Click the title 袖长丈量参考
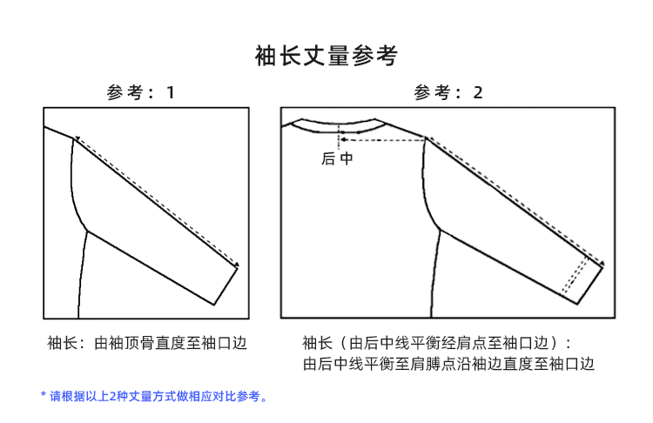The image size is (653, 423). click(326, 57)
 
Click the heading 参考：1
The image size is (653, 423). click(140, 92)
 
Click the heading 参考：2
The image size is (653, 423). click(448, 92)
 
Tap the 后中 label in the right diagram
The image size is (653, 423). click(337, 159)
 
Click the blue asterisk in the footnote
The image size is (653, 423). click(44, 396)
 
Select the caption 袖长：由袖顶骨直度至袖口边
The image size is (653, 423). click(146, 343)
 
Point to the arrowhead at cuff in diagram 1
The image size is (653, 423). click(236, 265)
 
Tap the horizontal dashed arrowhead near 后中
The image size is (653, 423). click(342, 138)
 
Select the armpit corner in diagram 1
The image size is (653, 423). click(87, 231)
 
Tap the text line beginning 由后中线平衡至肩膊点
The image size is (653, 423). click(448, 365)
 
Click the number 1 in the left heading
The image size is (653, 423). click(171, 92)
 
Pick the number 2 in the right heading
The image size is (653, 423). click(478, 92)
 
